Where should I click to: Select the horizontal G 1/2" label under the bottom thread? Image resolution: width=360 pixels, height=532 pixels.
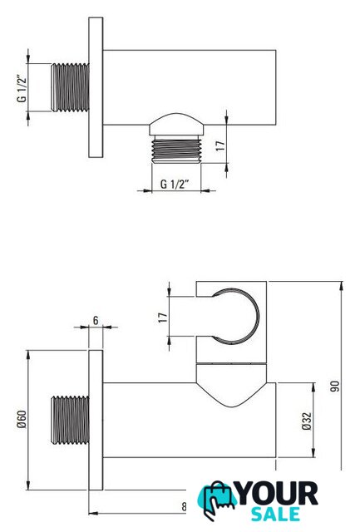tap(175, 185)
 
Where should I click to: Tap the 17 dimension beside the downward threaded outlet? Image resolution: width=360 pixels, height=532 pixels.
tap(220, 145)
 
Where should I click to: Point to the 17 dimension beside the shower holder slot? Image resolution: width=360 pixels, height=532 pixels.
tap(163, 318)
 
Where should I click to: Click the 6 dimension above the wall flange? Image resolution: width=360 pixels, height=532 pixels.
tap(96, 320)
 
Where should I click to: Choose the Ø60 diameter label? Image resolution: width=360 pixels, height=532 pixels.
tap(22, 420)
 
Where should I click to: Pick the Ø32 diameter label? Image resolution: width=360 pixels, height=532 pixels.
tap(307, 421)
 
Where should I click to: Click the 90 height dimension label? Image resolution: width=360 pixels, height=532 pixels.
tap(335, 386)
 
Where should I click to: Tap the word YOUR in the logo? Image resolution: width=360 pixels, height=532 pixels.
tap(278, 494)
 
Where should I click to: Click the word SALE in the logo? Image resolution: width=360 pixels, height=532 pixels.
tap(275, 514)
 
